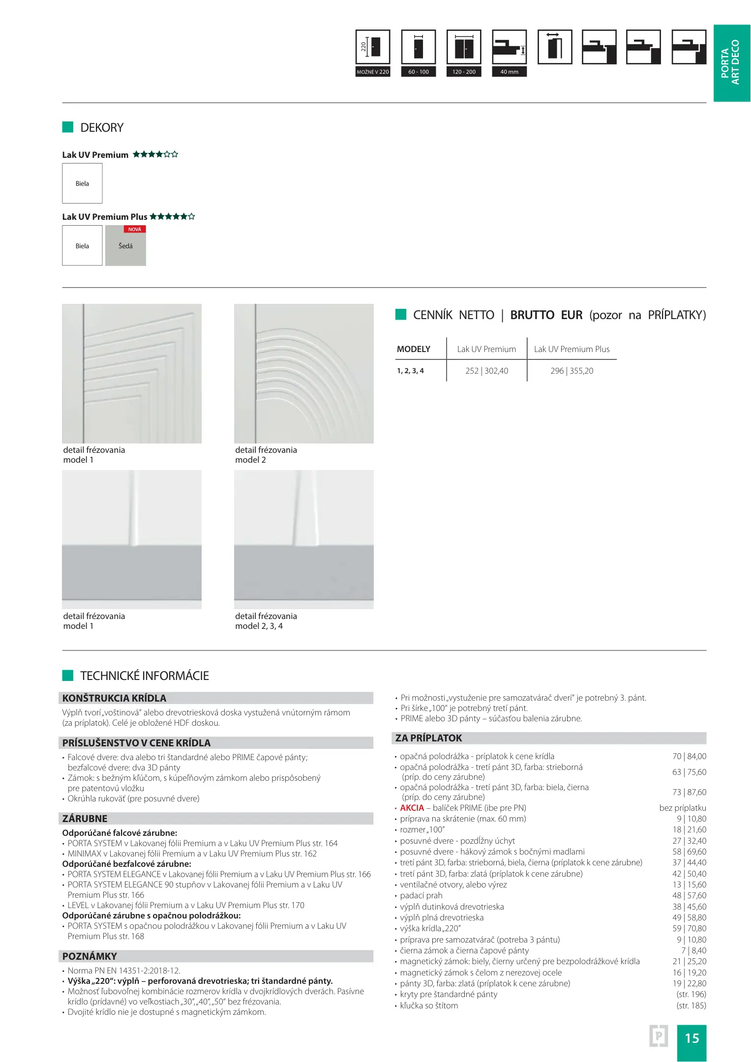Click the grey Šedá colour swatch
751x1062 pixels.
click(125, 248)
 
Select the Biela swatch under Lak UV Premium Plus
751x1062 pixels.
click(82, 246)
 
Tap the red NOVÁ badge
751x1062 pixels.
click(134, 229)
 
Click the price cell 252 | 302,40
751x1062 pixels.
click(486, 371)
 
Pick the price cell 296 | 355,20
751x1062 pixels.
click(571, 371)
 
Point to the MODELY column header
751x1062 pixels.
click(413, 349)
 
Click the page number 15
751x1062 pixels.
click(691, 1038)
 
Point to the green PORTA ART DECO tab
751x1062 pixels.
click(731, 63)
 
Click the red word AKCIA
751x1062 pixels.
click(412, 808)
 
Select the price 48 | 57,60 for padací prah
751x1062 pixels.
click(689, 895)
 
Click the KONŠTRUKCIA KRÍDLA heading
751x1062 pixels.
click(114, 698)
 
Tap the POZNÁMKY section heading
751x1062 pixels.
click(90, 956)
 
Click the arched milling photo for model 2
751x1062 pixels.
click(303, 374)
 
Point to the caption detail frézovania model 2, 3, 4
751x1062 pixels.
click(266, 621)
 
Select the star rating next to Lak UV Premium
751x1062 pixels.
click(155, 154)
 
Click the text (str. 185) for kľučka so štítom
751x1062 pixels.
click(691, 1005)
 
